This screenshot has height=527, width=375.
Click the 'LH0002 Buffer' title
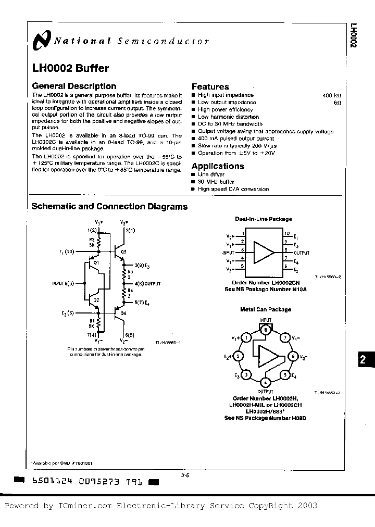(x=70, y=68)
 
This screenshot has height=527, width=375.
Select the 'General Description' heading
(x=74, y=86)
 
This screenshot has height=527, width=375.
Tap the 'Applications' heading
(x=218, y=166)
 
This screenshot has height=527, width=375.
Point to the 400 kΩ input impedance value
(x=331, y=96)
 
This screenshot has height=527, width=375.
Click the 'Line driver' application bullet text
(x=211, y=174)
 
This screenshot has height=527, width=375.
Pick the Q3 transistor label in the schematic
(x=123, y=252)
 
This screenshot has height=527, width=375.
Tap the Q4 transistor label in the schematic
(x=123, y=313)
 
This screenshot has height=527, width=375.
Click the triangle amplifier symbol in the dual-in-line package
(x=264, y=253)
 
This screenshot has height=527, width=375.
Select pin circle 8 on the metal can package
(x=265, y=329)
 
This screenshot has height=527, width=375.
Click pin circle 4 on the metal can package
(x=265, y=383)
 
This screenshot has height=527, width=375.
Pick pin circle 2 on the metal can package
(x=238, y=356)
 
